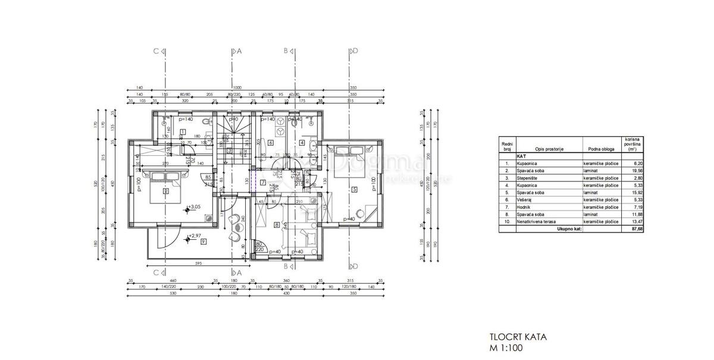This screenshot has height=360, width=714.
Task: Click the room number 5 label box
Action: [x=354, y=190]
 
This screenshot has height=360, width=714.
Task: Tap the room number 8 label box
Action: [x=277, y=224]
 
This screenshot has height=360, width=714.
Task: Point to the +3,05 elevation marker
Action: [x=194, y=208]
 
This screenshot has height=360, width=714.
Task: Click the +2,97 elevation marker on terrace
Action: [x=194, y=236]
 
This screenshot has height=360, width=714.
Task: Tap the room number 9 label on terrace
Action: [x=203, y=242]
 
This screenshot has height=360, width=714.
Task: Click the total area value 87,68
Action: [x=632, y=228]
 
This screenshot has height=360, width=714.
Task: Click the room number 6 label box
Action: [x=270, y=142]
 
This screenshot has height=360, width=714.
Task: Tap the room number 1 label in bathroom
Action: [x=183, y=132]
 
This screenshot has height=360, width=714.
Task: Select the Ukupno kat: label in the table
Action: [x=569, y=228]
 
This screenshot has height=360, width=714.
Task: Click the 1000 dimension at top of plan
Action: [x=237, y=87]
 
